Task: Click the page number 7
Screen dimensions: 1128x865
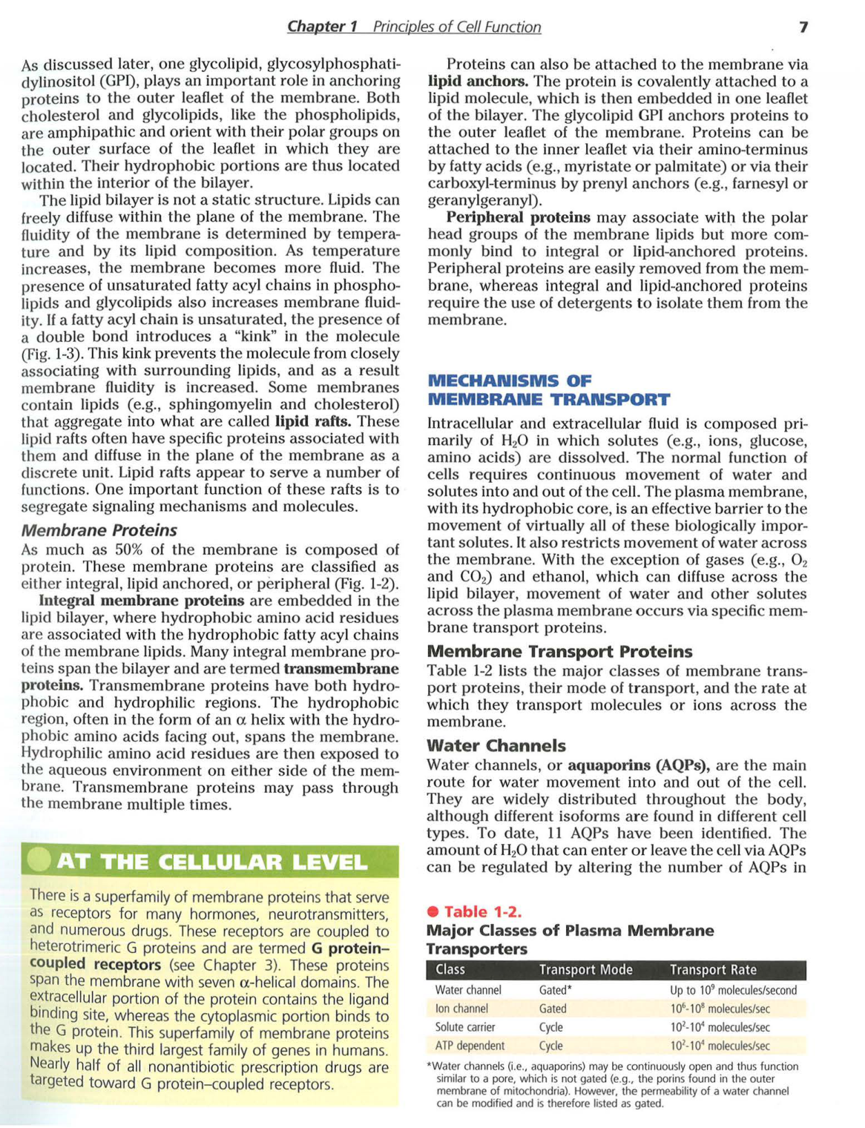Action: point(803,27)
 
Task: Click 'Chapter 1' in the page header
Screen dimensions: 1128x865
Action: point(322,27)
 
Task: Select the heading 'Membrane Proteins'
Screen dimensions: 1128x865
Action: point(99,530)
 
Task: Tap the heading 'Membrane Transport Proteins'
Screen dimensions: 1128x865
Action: point(559,651)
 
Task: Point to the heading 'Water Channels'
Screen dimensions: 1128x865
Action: point(496,745)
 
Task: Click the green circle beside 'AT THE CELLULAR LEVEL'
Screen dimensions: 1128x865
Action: point(38,860)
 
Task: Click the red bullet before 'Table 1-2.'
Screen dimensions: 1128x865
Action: point(433,911)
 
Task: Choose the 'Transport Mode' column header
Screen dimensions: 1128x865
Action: point(585,969)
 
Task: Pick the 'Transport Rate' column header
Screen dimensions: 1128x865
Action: point(713,969)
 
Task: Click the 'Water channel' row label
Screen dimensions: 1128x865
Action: point(468,990)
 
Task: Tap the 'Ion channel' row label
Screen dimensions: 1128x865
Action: point(461,1009)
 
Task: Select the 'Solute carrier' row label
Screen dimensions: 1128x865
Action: point(465,1027)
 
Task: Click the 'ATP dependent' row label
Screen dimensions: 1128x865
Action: point(470,1046)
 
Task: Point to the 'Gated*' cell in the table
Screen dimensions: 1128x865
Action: point(555,990)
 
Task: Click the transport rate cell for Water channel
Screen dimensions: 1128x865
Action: point(733,990)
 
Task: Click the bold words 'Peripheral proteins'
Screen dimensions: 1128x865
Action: point(518,217)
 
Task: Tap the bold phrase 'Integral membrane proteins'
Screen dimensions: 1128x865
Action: point(141,600)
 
